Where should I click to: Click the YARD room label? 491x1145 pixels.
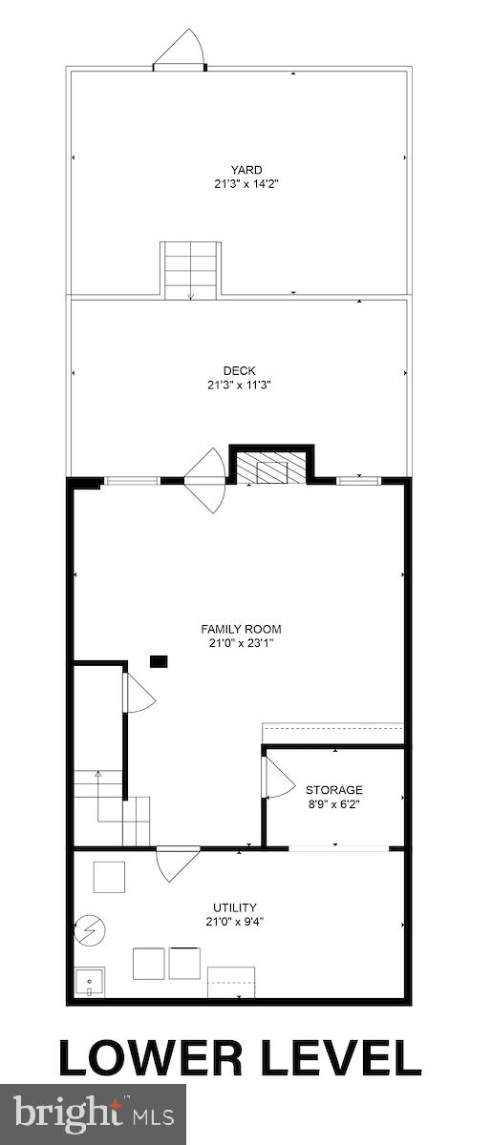[x=245, y=171]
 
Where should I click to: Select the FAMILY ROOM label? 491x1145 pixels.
[x=241, y=629]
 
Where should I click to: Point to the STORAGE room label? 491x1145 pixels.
[x=333, y=790]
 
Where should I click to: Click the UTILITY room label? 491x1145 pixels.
[x=235, y=907]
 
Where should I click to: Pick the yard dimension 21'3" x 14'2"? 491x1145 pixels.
[x=245, y=184]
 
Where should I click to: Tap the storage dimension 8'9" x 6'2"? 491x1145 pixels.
[x=333, y=803]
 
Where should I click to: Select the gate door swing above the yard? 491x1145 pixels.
[x=181, y=50]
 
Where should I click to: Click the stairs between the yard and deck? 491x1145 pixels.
[x=190, y=270]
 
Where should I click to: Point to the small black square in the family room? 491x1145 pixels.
[x=159, y=660]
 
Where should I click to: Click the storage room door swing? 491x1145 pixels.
[x=278, y=778]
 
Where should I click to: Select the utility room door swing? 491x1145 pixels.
[x=178, y=863]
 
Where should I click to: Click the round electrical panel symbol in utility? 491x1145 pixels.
[x=90, y=928]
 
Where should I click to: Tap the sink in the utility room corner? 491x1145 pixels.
[x=89, y=981]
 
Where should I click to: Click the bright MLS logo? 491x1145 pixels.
[x=93, y=1114]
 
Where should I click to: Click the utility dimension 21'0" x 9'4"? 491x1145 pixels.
[x=235, y=922]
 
